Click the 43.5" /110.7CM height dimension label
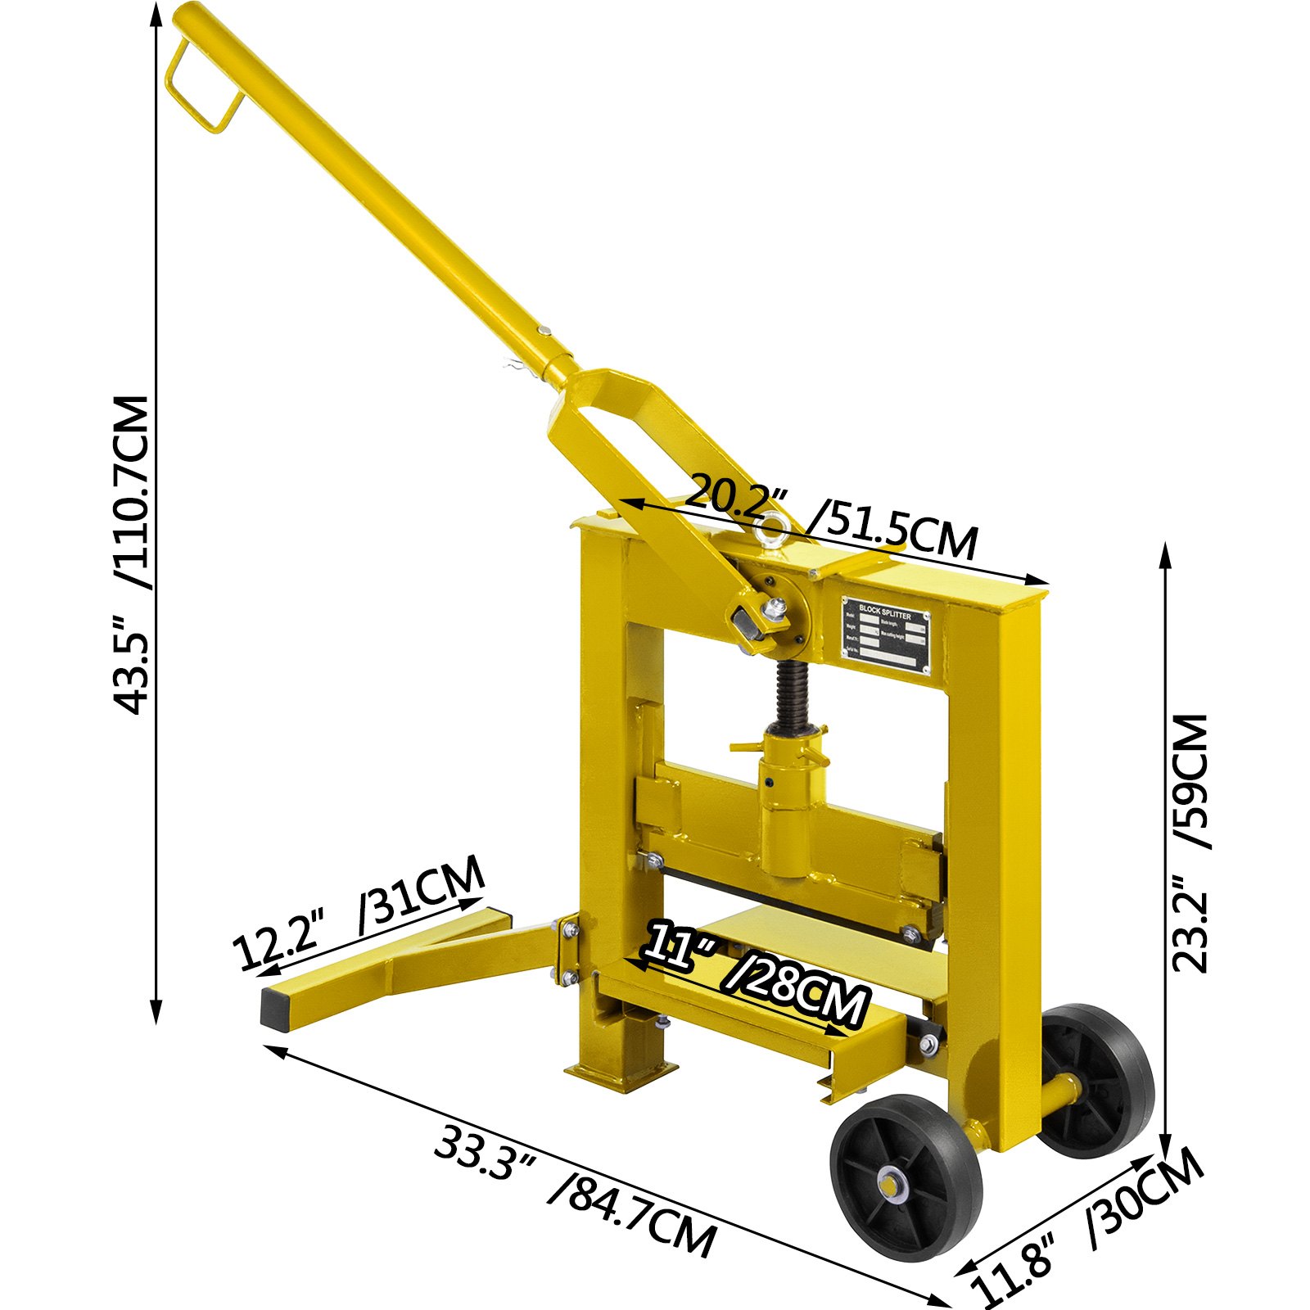pyautogui.click(x=131, y=557)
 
